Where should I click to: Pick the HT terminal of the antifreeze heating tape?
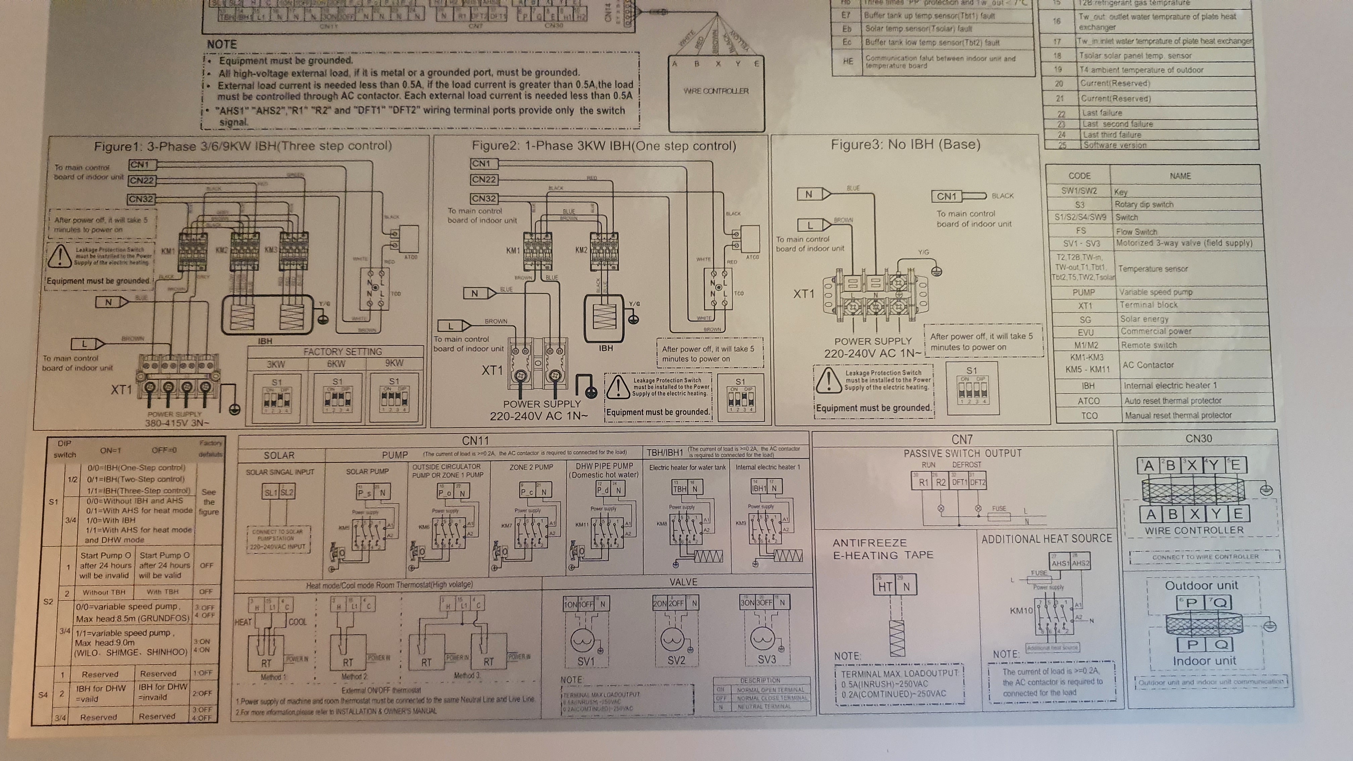click(885, 587)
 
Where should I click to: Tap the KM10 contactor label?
click(1021, 611)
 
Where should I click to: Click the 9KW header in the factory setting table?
click(394, 363)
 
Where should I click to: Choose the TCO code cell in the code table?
click(1089, 415)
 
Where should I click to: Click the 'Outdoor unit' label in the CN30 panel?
click(1201, 585)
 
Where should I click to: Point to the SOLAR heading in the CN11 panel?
click(279, 455)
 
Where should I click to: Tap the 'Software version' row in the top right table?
click(1114, 145)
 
